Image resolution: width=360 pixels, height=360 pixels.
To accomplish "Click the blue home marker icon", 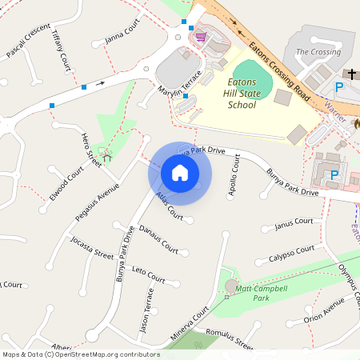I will coord(180,172).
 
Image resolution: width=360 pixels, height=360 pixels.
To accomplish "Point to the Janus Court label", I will coord(293,223).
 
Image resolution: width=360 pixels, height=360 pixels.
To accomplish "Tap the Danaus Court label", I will coord(158,238).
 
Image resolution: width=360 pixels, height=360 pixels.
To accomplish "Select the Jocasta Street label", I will coord(91,248).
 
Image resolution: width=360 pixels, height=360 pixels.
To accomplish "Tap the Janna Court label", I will coord(122,34).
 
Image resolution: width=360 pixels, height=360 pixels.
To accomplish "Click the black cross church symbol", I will coord(351,73).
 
